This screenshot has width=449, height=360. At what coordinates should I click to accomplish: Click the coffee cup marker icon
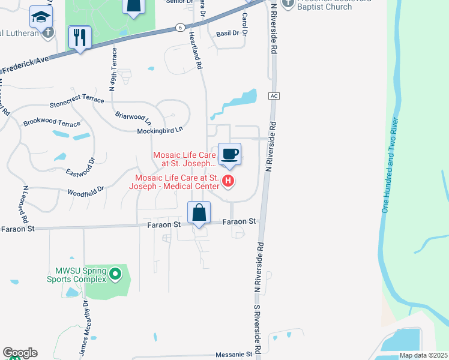[229, 154]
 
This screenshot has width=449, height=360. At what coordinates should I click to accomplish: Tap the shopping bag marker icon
[199, 212]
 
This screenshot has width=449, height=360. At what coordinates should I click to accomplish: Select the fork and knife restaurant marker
[79, 37]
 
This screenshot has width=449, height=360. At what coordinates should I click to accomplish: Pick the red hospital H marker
[228, 181]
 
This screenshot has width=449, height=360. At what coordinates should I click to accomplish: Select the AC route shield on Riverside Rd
[274, 96]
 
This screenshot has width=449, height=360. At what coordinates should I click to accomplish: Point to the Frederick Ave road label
[23, 65]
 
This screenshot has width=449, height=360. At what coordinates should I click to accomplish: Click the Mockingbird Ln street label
[160, 130]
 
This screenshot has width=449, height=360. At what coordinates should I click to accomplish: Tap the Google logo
[20, 353]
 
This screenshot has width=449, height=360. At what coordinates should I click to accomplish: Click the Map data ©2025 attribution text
[424, 355]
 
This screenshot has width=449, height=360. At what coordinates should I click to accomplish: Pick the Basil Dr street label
[227, 34]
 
